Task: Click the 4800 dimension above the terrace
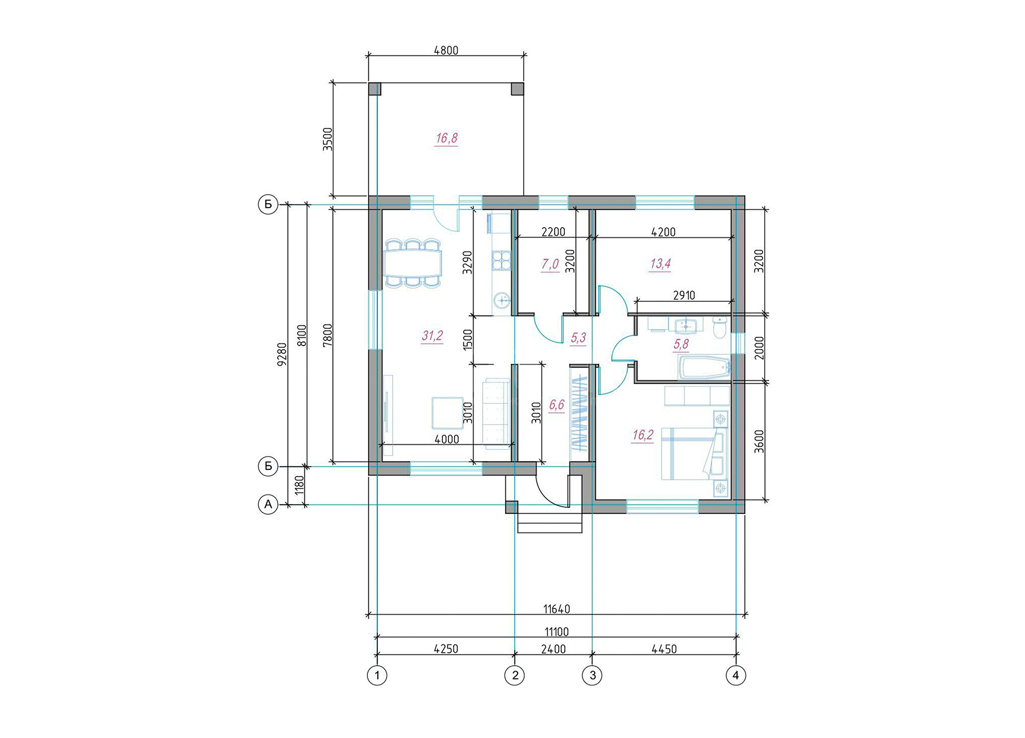(x=446, y=50)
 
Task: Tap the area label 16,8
(x=446, y=138)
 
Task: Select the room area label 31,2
(x=432, y=336)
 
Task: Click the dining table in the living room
(x=413, y=263)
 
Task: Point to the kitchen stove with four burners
(x=501, y=260)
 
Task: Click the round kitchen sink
(x=502, y=300)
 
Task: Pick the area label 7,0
(x=550, y=264)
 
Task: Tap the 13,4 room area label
(x=660, y=264)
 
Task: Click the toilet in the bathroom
(x=720, y=327)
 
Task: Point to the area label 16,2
(x=643, y=435)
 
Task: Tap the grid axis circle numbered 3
(x=592, y=675)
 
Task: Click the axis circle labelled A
(x=268, y=505)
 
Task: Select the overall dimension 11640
(x=557, y=609)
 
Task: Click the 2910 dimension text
(x=684, y=295)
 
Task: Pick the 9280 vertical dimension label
(x=281, y=354)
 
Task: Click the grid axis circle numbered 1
(x=377, y=675)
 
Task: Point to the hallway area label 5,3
(x=578, y=338)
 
